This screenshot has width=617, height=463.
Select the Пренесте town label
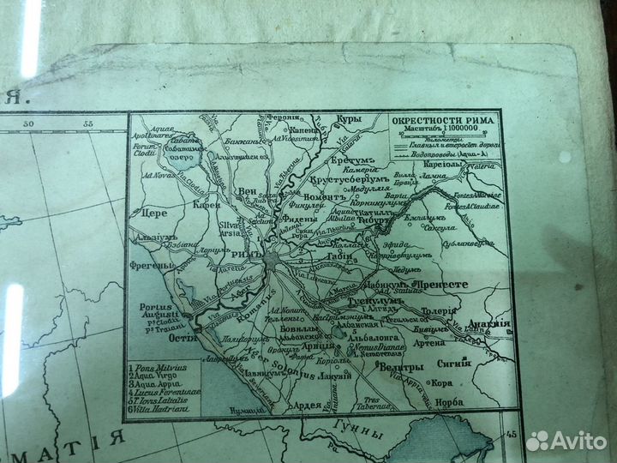pyautogui.click(x=441, y=283)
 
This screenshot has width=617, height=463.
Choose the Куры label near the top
pyautogui.click(x=350, y=117)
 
